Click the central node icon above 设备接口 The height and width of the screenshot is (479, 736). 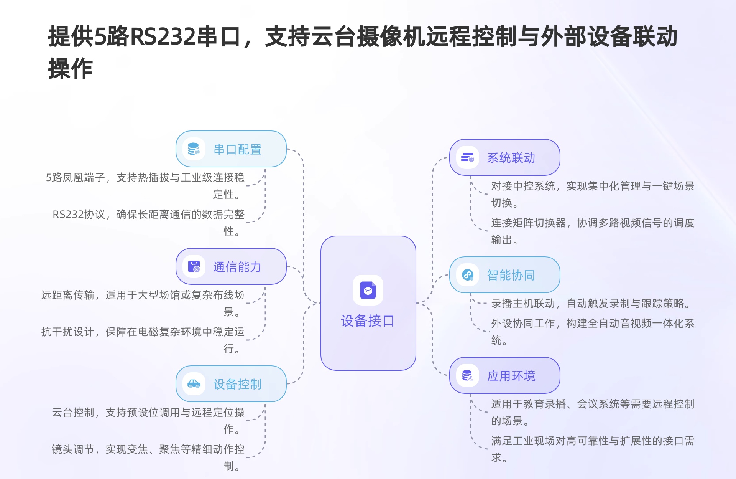[x=368, y=291]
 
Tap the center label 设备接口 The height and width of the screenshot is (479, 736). [x=368, y=321]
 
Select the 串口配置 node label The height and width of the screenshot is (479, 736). [x=238, y=149]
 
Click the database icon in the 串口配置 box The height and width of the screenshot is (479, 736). [x=194, y=149]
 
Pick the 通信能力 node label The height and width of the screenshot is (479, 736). [x=237, y=267]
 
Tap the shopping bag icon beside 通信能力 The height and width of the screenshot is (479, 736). [x=194, y=266]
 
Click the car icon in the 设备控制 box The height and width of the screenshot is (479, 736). [x=194, y=384]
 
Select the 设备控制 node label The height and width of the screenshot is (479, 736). [x=237, y=384]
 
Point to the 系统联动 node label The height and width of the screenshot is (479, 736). [x=511, y=158]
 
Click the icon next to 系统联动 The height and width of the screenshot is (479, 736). [x=468, y=157]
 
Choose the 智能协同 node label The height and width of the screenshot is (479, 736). [x=511, y=275]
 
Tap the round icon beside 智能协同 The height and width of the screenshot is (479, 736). [x=468, y=275]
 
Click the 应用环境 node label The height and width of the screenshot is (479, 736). [x=511, y=376]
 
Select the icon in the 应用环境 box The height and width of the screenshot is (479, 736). [x=468, y=375]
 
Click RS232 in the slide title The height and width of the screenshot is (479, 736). [x=163, y=37]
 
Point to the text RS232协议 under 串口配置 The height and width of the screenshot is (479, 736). [x=79, y=214]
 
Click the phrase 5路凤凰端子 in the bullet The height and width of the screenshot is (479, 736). [x=75, y=177]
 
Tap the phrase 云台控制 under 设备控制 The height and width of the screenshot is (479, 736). [x=73, y=412]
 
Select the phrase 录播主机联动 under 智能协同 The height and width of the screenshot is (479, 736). [x=523, y=303]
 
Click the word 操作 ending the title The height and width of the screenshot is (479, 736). [x=71, y=69]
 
